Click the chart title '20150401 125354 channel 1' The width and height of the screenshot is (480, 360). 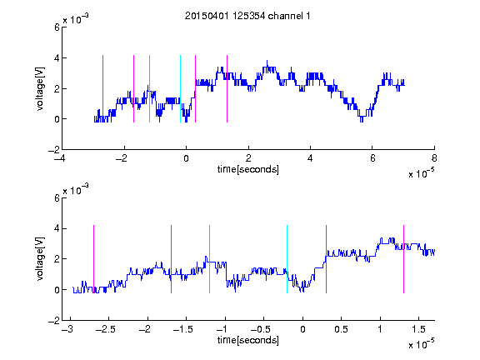coord(247,16)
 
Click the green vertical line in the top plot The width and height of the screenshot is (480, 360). coord(149,89)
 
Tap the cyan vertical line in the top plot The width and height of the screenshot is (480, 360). coord(180,89)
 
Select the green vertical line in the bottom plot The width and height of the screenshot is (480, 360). coord(209,259)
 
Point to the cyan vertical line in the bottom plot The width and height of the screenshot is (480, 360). coord(287,259)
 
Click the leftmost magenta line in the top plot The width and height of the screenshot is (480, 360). coord(102,89)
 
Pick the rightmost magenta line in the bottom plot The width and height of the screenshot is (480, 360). coord(403,259)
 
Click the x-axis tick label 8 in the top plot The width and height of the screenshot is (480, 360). coord(434,158)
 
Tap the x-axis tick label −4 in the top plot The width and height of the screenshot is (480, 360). coord(60,158)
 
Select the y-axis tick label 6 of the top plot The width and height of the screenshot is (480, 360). coord(57,27)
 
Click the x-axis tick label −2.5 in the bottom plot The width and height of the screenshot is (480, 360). coord(105,329)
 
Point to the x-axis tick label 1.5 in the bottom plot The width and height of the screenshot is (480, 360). coord(418,329)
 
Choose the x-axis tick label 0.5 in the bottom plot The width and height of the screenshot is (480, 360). coord(341,329)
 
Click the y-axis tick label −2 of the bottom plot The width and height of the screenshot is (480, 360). coord(54,321)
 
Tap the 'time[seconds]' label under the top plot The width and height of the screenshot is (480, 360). coord(248,169)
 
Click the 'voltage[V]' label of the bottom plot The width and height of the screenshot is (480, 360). coord(40,259)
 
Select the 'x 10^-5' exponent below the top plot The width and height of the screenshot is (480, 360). coord(421,173)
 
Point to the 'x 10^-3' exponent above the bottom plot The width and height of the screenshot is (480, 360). coord(76,190)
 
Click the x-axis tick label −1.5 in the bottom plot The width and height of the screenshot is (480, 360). coord(183,329)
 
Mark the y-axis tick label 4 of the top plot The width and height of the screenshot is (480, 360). coord(57,57)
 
